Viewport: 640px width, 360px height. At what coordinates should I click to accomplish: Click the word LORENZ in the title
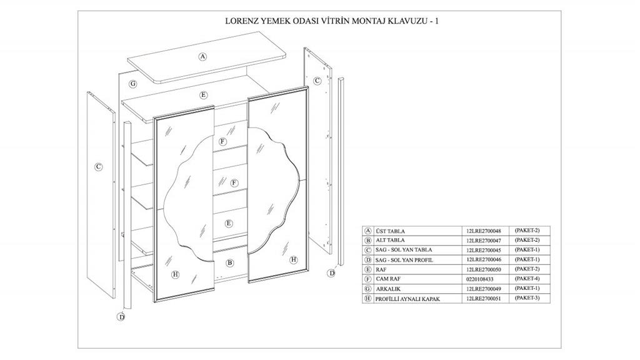(x=241, y=21)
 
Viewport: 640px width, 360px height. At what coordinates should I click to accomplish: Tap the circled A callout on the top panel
(x=203, y=57)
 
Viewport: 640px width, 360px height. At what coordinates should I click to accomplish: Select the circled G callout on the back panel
(x=132, y=84)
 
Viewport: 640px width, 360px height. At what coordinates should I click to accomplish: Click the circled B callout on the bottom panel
(x=230, y=263)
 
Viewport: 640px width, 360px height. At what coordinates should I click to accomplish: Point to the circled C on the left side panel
(x=98, y=166)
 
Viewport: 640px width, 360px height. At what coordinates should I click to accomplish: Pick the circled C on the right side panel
(x=317, y=81)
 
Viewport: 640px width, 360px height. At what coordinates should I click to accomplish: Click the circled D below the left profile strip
(x=121, y=316)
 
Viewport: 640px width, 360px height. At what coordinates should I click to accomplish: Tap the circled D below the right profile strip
(x=331, y=272)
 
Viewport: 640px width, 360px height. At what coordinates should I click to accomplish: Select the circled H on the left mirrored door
(x=176, y=274)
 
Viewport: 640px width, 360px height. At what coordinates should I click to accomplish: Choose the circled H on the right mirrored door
(x=294, y=259)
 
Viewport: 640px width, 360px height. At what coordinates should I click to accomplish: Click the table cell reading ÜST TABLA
(x=390, y=231)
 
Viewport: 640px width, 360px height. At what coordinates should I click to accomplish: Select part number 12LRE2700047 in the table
(x=484, y=241)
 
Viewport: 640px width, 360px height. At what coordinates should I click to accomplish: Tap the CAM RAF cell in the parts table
(x=388, y=279)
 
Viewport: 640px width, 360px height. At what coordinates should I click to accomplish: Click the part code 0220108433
(x=479, y=279)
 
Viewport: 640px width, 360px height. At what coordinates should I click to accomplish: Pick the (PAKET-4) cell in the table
(x=527, y=279)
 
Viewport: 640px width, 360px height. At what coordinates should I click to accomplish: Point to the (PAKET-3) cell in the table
(x=527, y=298)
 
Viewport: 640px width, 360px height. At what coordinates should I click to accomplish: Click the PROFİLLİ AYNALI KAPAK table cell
(x=407, y=299)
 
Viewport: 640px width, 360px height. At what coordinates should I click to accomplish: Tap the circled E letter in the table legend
(x=368, y=270)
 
